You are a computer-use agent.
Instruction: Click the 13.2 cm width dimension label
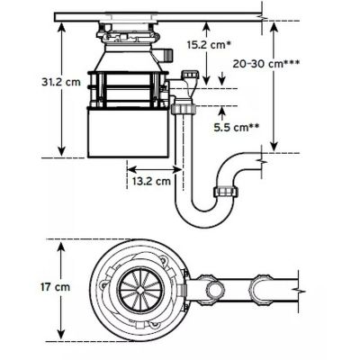click(x=150, y=181)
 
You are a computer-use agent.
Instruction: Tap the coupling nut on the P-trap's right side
click(x=223, y=192)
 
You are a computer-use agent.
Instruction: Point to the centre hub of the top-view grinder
click(x=136, y=290)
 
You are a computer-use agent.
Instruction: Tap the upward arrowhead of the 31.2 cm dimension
click(x=62, y=26)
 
